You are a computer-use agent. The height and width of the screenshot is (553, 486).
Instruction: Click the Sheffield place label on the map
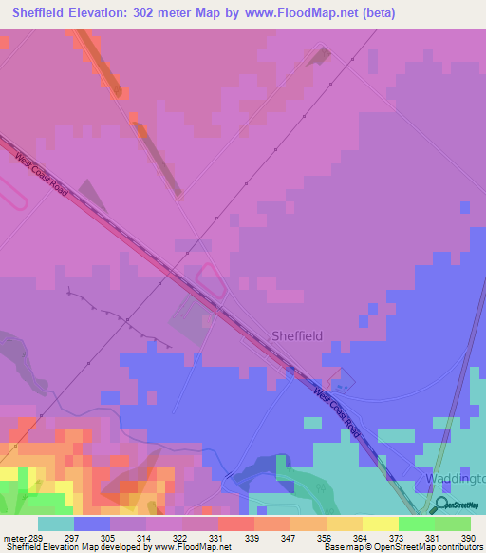297,335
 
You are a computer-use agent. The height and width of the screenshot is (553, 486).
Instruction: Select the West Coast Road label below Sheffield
338,410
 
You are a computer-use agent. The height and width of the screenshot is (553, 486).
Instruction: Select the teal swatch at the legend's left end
55,523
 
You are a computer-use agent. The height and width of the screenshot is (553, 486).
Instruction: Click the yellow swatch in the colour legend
380,523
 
